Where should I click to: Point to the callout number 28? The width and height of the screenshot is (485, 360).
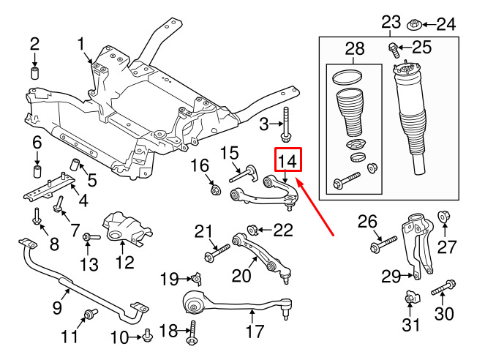coord(354,50)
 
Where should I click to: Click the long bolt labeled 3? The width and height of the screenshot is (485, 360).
coord(286,125)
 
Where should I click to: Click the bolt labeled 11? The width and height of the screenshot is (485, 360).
coord(91,315)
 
